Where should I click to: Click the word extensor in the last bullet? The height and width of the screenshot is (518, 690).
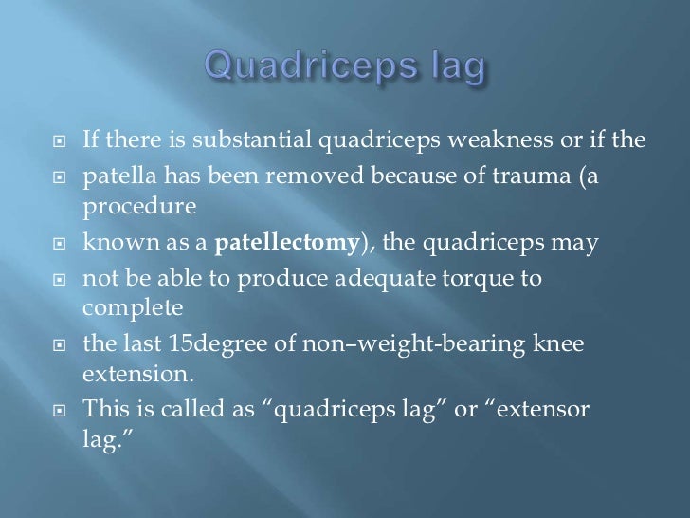pyautogui.click(x=553, y=408)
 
